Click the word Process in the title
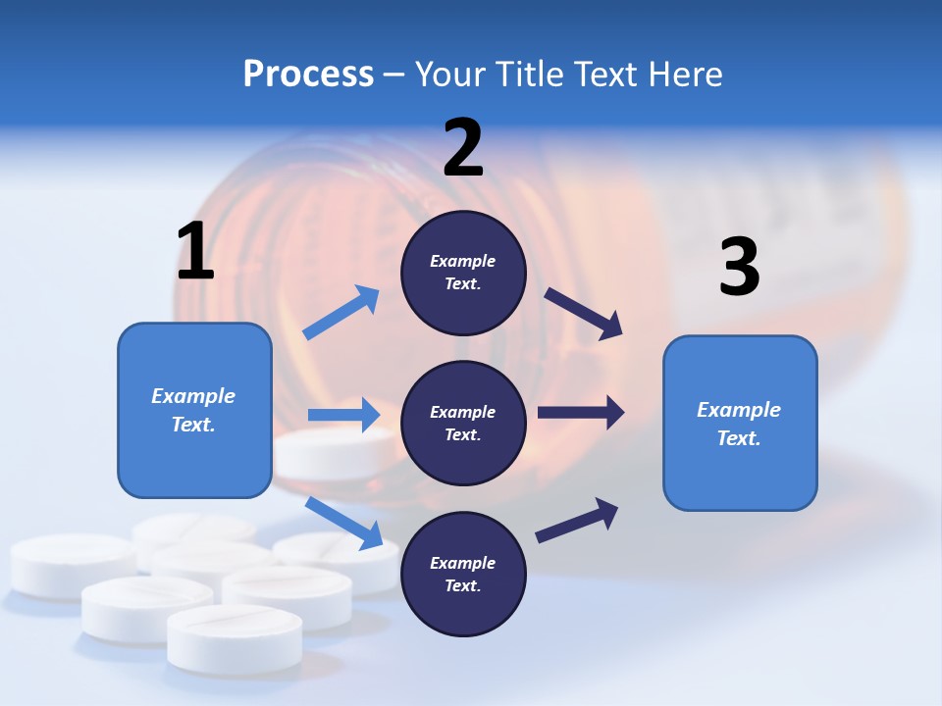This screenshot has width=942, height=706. click(308, 75)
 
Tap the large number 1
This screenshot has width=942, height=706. click(195, 251)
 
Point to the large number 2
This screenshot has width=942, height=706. click(463, 148)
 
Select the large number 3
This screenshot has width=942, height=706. click(739, 268)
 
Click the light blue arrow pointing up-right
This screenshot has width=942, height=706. click(341, 313)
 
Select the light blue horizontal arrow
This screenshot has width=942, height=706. click(343, 415)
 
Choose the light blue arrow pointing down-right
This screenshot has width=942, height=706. click(344, 523)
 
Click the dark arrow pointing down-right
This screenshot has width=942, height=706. click(584, 314)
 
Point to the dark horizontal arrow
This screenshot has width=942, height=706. click(581, 413)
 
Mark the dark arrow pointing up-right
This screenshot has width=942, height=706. click(577, 521)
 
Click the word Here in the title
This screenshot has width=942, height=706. click(686, 75)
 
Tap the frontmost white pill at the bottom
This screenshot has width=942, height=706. click(235, 637)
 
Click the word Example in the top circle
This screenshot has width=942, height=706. click(462, 261)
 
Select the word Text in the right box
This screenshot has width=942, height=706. click(738, 438)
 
